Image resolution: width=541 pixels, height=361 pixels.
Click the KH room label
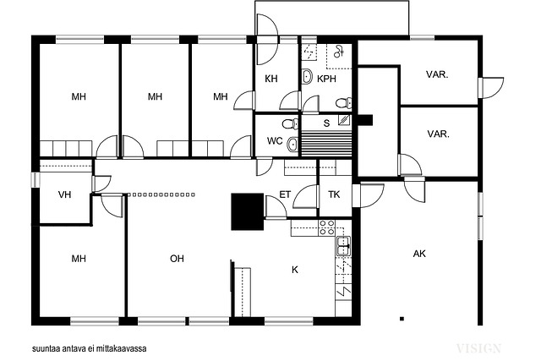coord(271,79)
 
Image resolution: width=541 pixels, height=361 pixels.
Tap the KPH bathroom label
coord(326,79)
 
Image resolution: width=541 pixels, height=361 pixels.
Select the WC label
coord(275,141)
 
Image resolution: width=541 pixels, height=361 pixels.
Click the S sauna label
coord(326,123)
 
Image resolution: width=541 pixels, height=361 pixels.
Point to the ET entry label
coord(285,194)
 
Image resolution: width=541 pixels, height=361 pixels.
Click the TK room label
coord(334,194)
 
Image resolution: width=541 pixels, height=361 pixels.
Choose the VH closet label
coord(64,194)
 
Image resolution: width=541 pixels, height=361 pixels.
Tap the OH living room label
coord(177,259)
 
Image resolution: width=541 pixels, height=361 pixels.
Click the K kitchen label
coord(295,270)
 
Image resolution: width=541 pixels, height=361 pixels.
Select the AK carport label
coord(419,254)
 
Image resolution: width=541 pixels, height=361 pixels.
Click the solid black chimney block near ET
coord(248,211)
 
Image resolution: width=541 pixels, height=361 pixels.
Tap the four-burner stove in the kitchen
coord(326,227)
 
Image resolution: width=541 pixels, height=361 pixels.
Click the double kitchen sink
coord(343,246)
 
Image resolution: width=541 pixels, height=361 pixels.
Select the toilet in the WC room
coord(291,123)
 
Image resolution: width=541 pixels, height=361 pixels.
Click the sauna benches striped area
coord(326,144)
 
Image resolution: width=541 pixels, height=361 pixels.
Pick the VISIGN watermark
coord(478,348)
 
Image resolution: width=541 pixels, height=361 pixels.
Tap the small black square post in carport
coord(402,319)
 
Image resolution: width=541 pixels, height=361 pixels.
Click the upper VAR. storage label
coord(437,74)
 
